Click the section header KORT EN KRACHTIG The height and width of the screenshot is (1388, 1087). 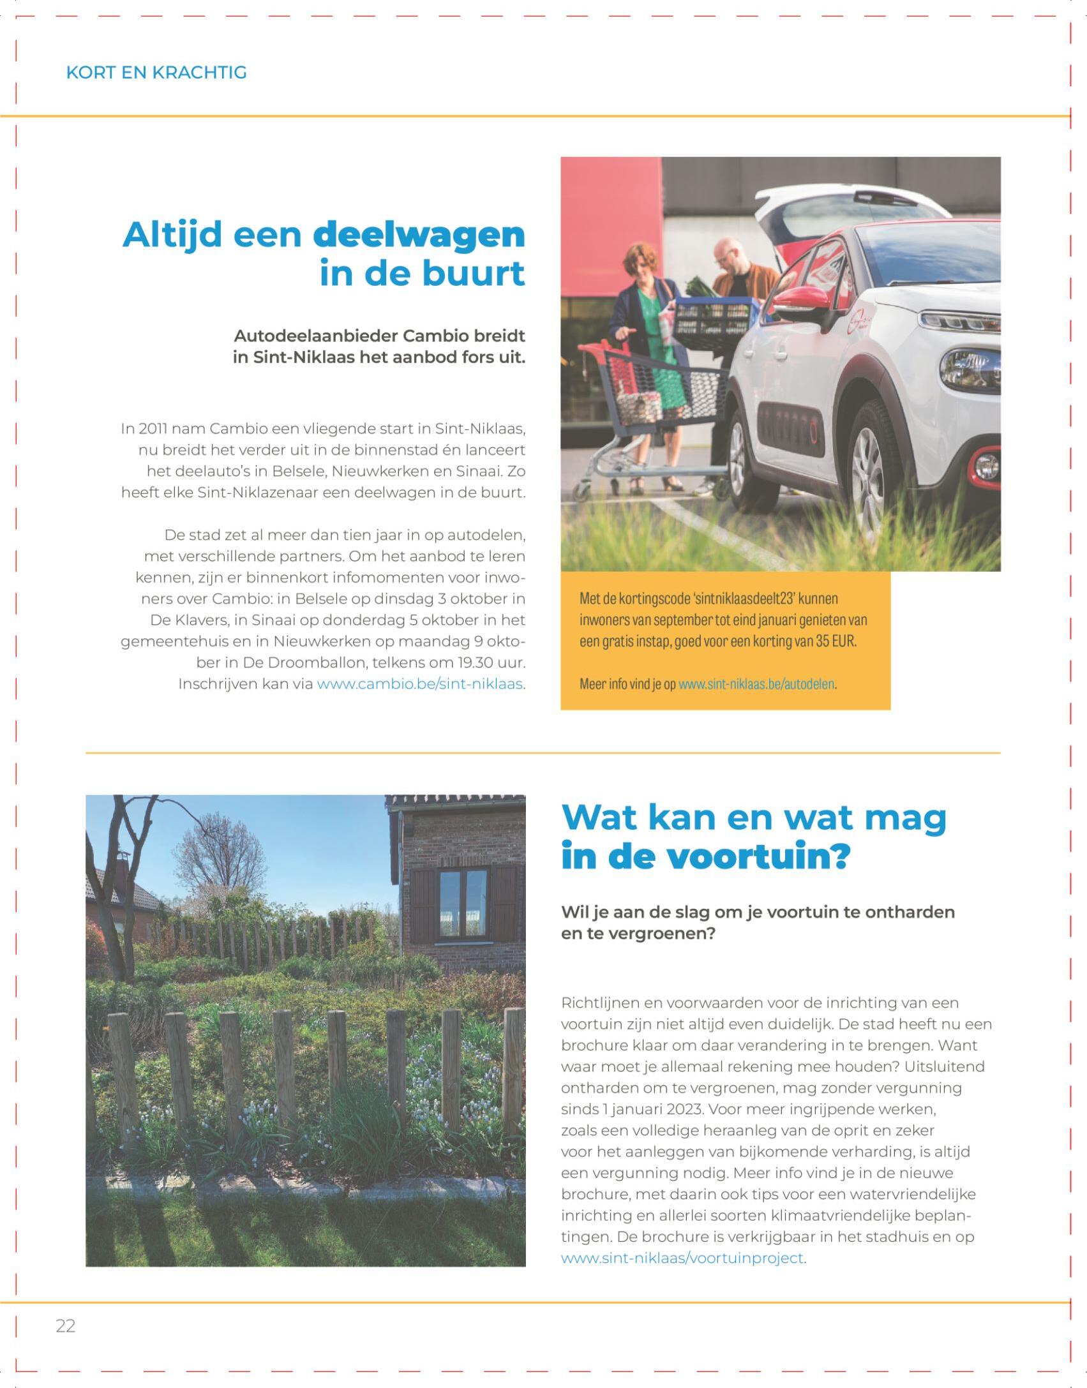pos(156,72)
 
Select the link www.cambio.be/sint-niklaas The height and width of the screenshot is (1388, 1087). pos(420,684)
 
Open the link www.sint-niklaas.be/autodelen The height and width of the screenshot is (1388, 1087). pos(756,684)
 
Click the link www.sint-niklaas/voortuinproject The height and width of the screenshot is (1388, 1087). pos(682,1258)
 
